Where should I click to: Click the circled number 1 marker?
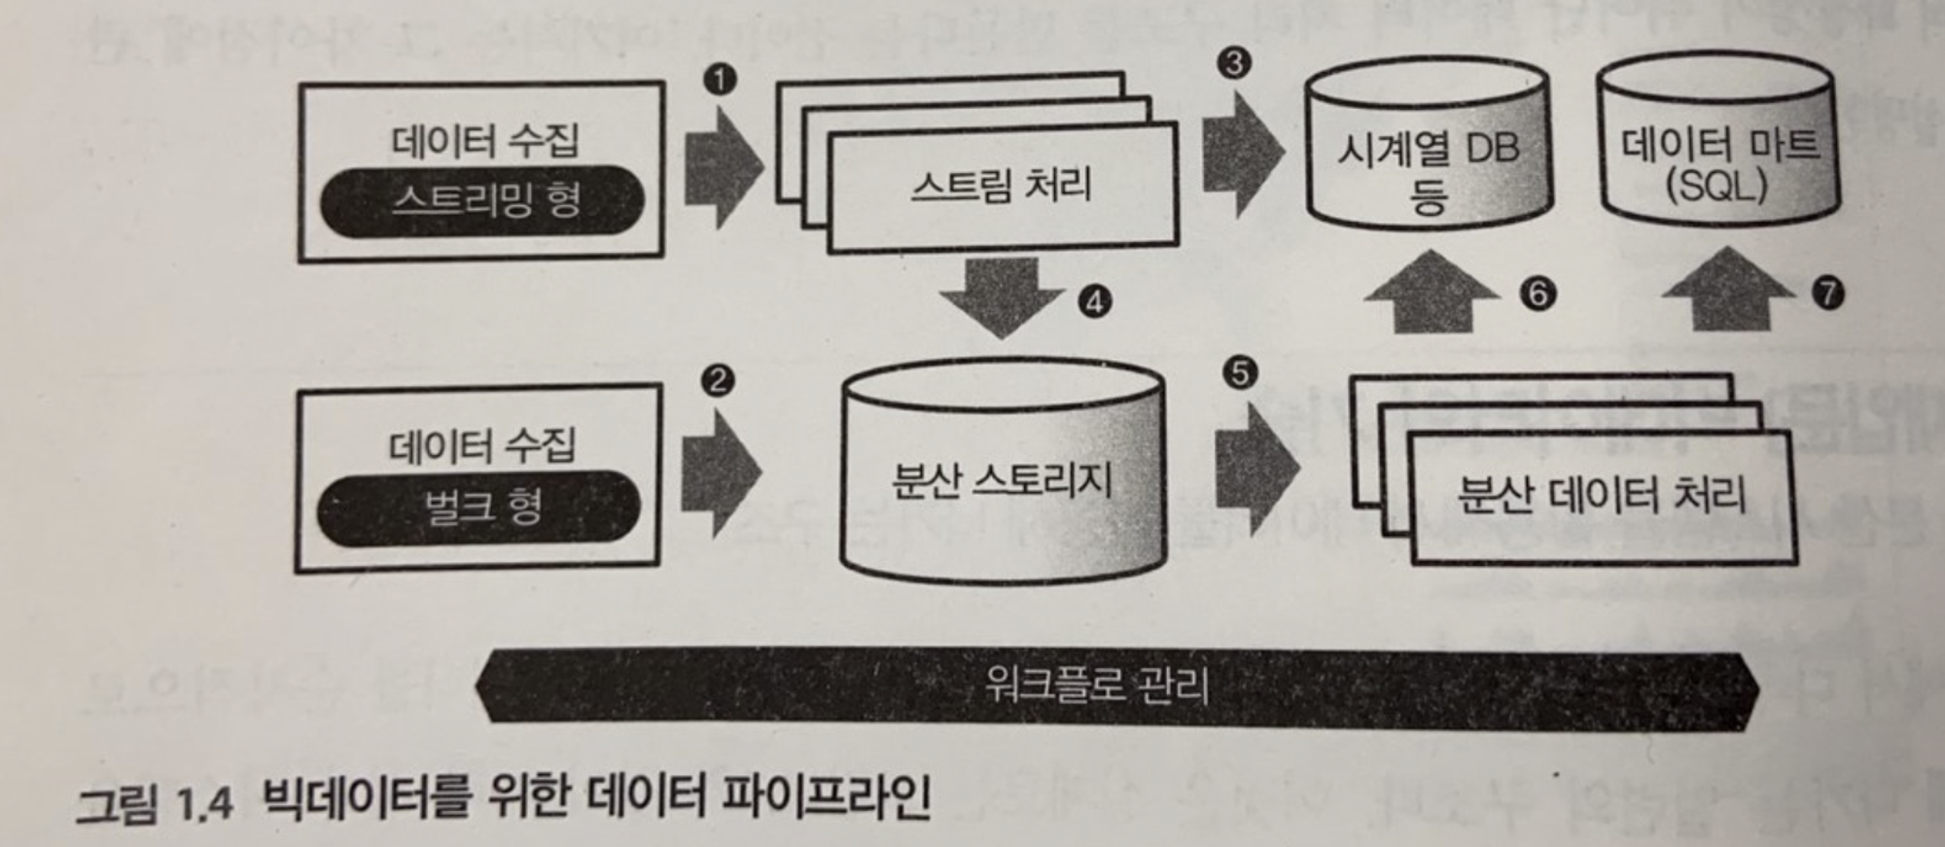[721, 79]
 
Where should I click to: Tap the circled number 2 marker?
[718, 380]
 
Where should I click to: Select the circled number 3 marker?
[1234, 63]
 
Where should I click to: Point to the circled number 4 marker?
[1095, 301]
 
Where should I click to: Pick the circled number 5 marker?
[1239, 372]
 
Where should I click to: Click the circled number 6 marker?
[1538, 293]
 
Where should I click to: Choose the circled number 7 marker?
[1828, 292]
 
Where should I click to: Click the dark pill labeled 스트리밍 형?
[483, 201]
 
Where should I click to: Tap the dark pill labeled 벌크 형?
[479, 507]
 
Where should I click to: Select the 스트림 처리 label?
[1002, 185]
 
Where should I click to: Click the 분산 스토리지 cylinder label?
[1002, 480]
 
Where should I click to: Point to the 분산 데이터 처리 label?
[1601, 495]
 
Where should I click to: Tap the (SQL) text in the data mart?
[1717, 185]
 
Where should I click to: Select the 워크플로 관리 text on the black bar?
[1097, 685]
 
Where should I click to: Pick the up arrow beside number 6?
[1431, 293]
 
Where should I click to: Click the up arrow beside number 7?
[1728, 291]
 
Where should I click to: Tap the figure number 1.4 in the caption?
[205, 803]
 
